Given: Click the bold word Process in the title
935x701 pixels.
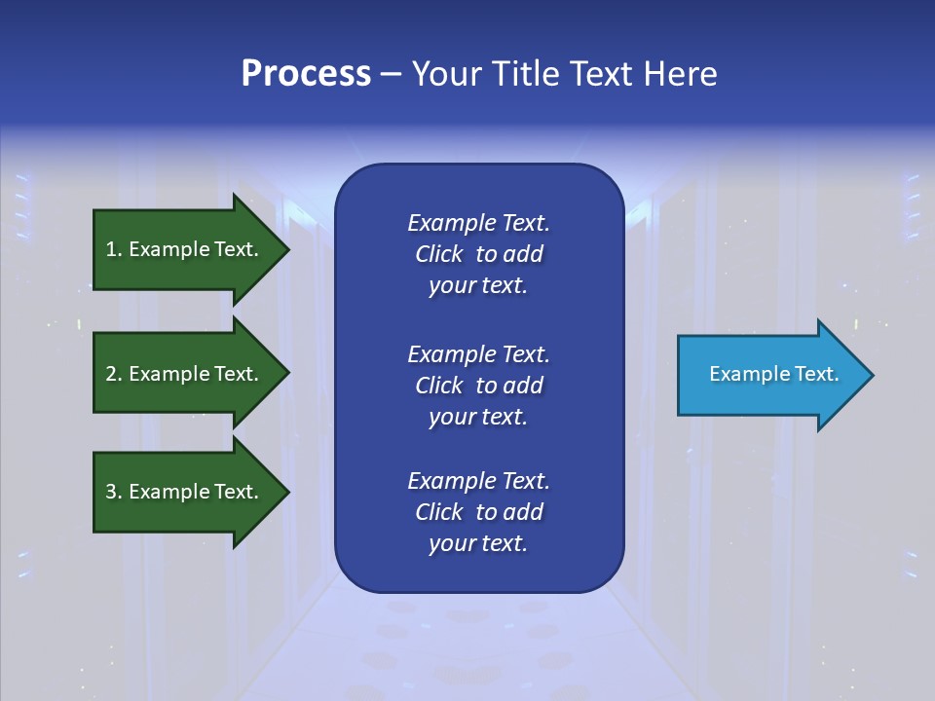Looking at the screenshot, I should click(306, 74).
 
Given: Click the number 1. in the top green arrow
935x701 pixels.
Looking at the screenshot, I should click(114, 249).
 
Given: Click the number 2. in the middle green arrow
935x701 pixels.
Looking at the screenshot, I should click(114, 374).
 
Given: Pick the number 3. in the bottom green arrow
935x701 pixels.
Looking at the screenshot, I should click(114, 492).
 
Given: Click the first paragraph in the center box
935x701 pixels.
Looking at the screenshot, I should click(478, 254).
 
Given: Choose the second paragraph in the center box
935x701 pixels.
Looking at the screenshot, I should click(478, 386).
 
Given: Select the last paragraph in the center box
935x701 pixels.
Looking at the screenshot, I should click(478, 512).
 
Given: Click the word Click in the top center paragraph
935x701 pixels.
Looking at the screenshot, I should click(438, 254).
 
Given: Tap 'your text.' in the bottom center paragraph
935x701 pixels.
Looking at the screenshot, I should click(478, 543).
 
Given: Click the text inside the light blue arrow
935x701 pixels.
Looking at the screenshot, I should click(773, 374).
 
